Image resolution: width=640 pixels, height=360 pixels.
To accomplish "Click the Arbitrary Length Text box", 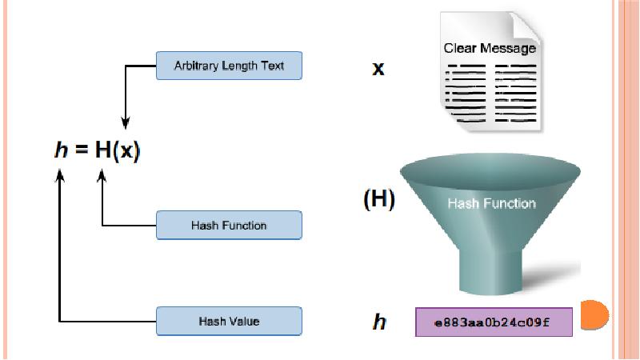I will [x=228, y=66].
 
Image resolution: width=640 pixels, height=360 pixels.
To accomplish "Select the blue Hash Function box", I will [x=228, y=225].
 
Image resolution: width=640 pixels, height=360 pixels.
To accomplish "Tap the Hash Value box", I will [x=228, y=321].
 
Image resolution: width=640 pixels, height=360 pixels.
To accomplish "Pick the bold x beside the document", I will [x=378, y=68].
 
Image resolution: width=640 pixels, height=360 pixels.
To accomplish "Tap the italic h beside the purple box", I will [x=379, y=322].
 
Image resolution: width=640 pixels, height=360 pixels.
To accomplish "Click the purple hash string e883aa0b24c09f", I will [x=493, y=322].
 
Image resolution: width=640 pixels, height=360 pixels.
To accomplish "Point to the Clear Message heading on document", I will [x=489, y=49].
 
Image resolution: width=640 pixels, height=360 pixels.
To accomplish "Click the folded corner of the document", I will [x=526, y=25].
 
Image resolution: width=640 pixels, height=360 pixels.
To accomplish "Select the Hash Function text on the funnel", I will [x=491, y=203].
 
